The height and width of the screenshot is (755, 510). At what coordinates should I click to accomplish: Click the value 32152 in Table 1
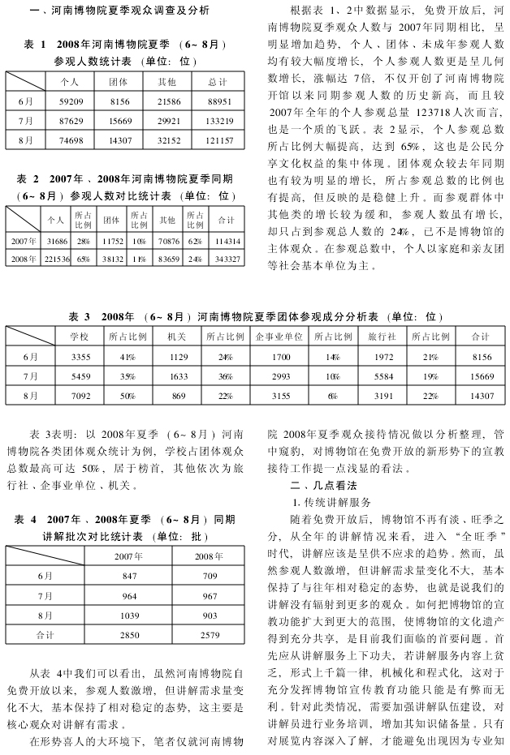click(x=168, y=140)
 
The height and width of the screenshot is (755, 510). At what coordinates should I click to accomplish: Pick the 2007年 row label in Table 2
click(x=24, y=241)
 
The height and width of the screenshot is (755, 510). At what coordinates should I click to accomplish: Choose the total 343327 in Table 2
click(x=225, y=259)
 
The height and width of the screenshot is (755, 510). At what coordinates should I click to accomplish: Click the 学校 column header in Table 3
click(x=69, y=336)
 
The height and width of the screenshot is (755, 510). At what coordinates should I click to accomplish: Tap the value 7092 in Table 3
click(x=69, y=396)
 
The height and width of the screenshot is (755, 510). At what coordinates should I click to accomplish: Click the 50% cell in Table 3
click(x=127, y=396)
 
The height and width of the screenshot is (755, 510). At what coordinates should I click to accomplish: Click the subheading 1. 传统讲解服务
click(x=332, y=503)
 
